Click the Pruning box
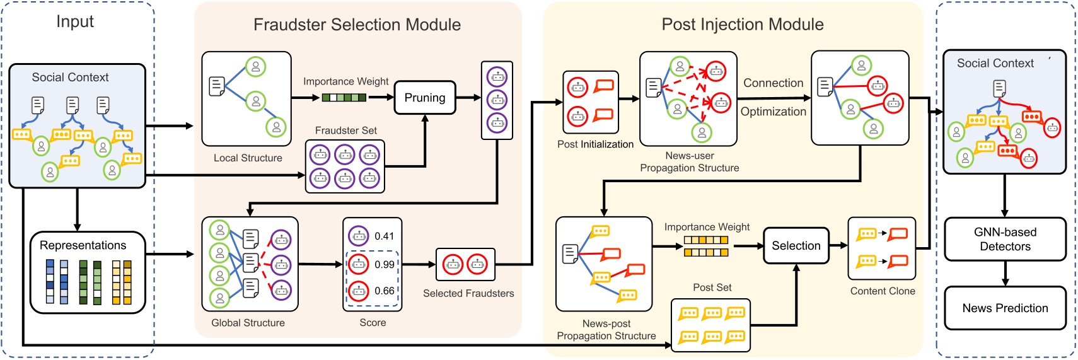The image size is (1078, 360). [424, 98]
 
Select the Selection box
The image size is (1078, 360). [796, 246]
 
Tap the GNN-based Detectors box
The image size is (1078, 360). [1005, 239]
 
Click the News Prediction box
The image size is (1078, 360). [1005, 308]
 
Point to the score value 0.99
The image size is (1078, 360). [384, 264]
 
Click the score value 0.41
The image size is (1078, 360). [384, 236]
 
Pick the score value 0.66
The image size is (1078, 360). [384, 291]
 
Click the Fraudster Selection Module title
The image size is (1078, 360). [357, 25]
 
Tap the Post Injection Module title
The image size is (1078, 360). [742, 25]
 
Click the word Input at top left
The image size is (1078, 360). [75, 21]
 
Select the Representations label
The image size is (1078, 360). [83, 245]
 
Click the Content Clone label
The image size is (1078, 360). [882, 291]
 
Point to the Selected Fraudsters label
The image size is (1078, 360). [468, 293]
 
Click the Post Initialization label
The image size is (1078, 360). [595, 144]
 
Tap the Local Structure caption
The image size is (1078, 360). [248, 158]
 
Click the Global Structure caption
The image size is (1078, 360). [248, 323]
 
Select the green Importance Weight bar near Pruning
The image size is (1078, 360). [344, 98]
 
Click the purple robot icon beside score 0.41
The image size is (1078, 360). [359, 236]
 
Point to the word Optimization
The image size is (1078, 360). [773, 112]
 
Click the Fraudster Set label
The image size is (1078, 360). [345, 131]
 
